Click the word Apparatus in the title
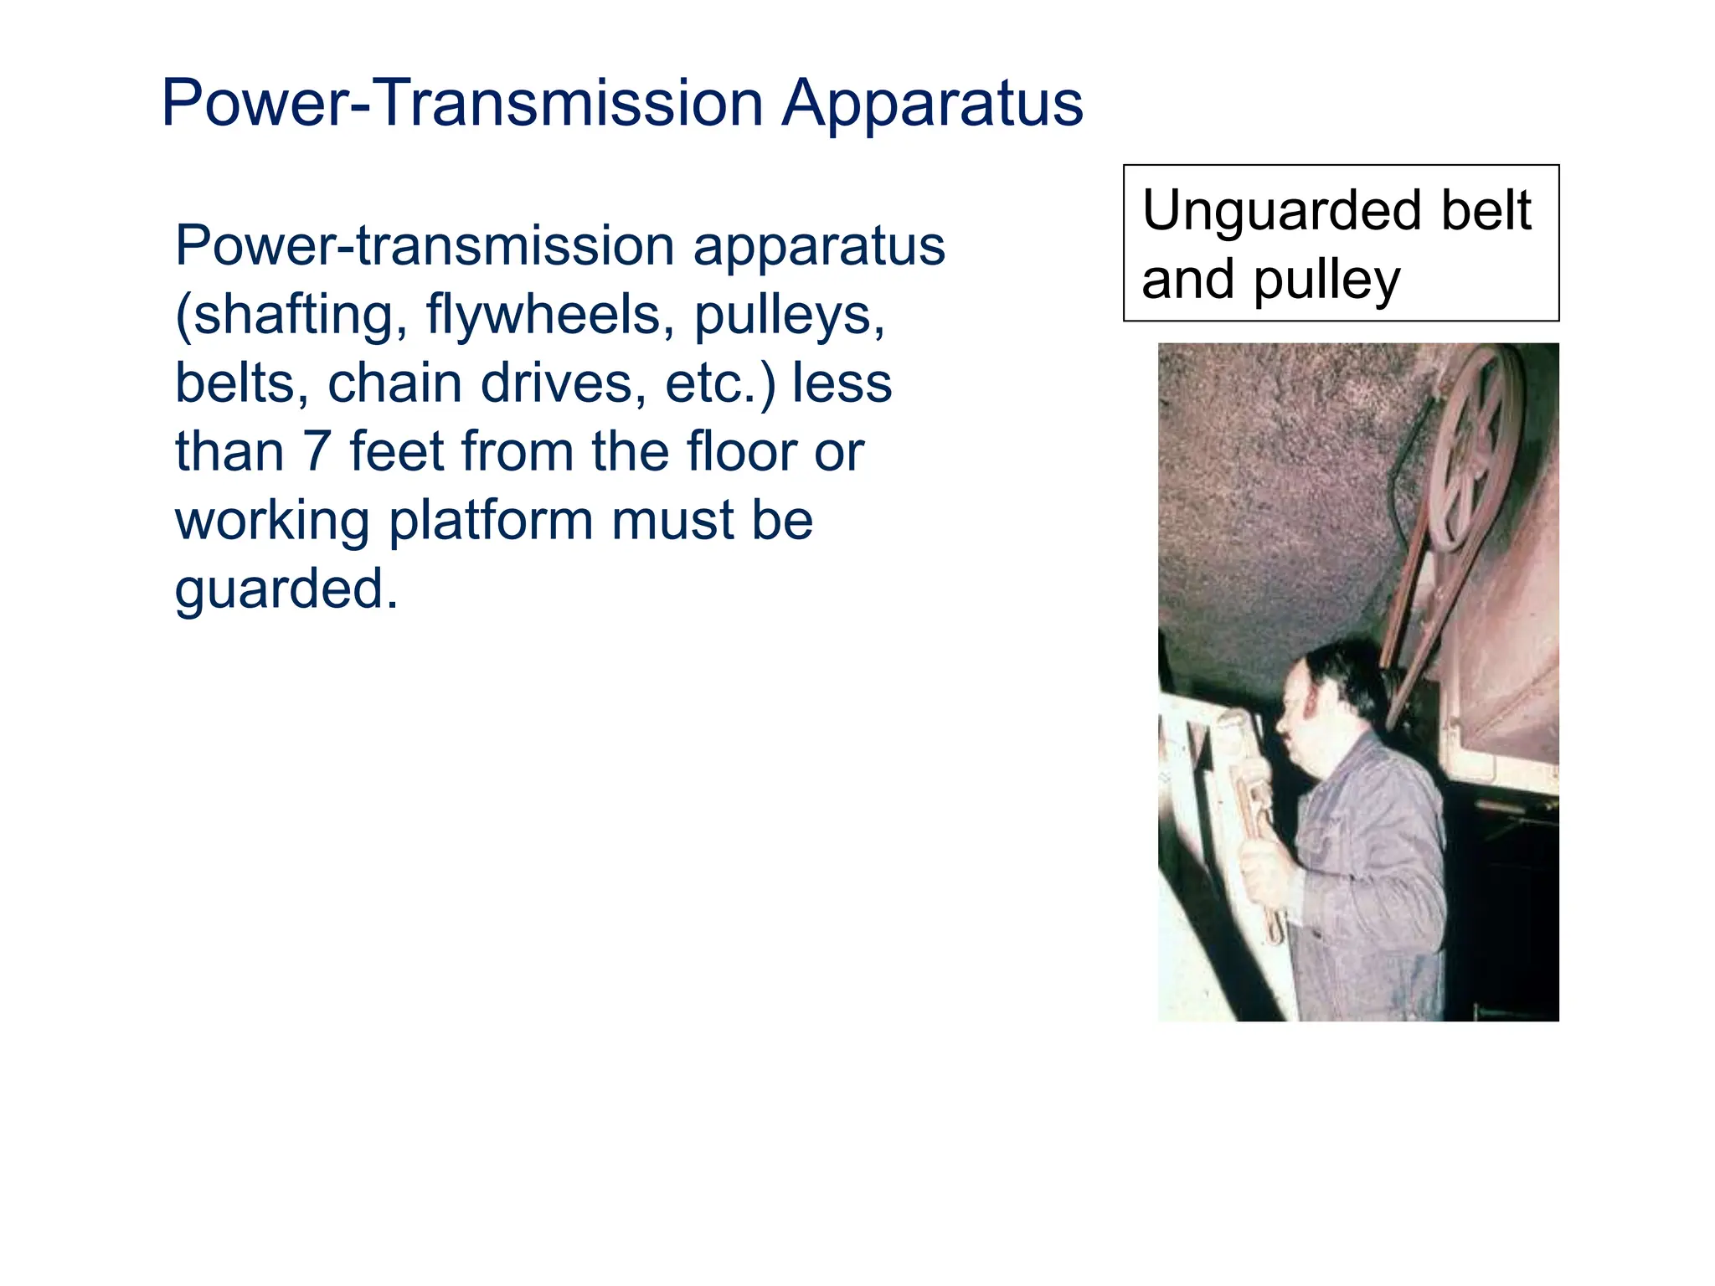(931, 104)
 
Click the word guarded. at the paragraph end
(286, 589)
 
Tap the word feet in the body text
(397, 452)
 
